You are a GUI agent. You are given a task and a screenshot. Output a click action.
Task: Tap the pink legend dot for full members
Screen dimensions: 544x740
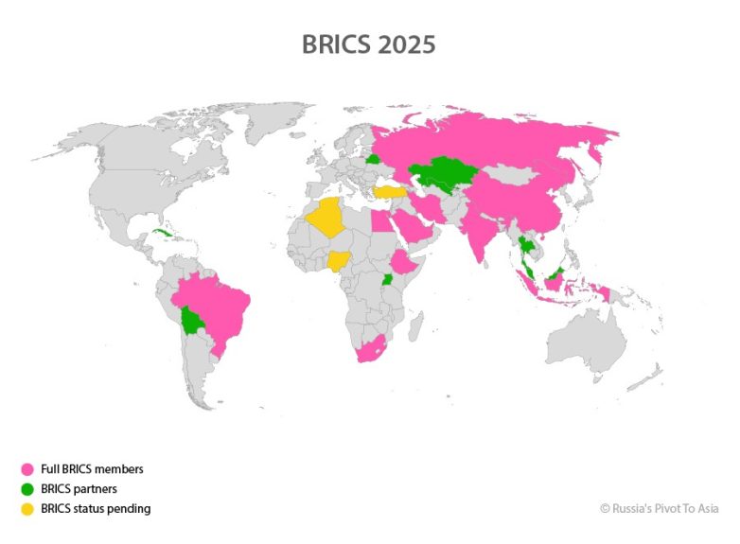pyautogui.click(x=27, y=468)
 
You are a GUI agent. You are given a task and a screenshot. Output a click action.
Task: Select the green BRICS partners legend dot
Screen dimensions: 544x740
pyautogui.click(x=27, y=488)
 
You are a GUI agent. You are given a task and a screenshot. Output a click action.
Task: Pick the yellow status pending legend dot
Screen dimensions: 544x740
pyautogui.click(x=27, y=508)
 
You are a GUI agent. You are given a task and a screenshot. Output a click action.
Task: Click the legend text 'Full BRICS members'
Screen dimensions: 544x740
pyautogui.click(x=92, y=468)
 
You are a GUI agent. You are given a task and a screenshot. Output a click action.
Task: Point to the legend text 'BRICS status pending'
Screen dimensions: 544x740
pyautogui.click(x=96, y=508)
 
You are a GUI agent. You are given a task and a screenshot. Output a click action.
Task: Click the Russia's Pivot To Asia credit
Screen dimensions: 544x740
pyautogui.click(x=660, y=508)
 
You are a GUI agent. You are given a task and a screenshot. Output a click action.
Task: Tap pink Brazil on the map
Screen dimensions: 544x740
pyautogui.click(x=220, y=303)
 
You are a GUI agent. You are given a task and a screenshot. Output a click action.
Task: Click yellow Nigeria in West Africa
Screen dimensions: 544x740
pyautogui.click(x=339, y=259)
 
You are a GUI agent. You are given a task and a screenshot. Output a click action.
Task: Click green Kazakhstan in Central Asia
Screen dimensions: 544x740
pyautogui.click(x=441, y=172)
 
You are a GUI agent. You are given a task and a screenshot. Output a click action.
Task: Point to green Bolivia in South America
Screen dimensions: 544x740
pyautogui.click(x=194, y=321)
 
